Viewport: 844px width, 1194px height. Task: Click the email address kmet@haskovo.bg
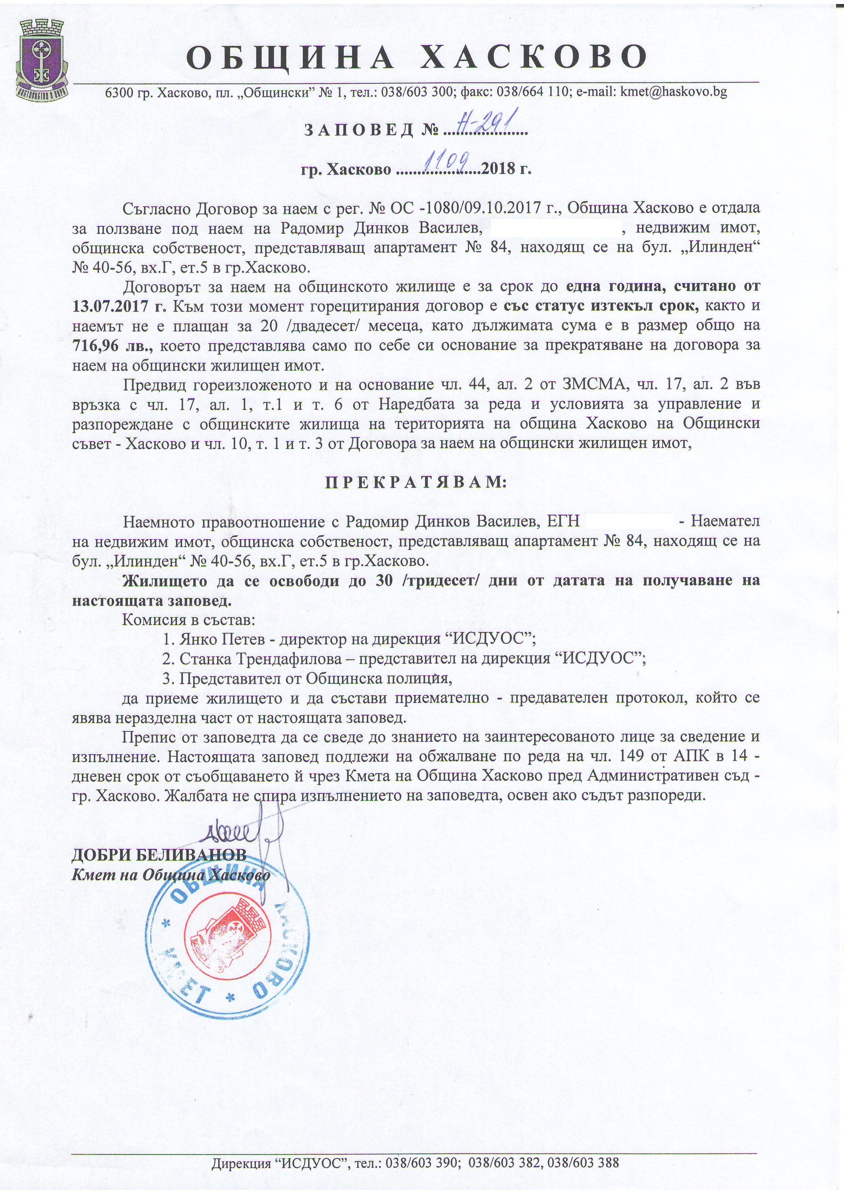pyautogui.click(x=671, y=92)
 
